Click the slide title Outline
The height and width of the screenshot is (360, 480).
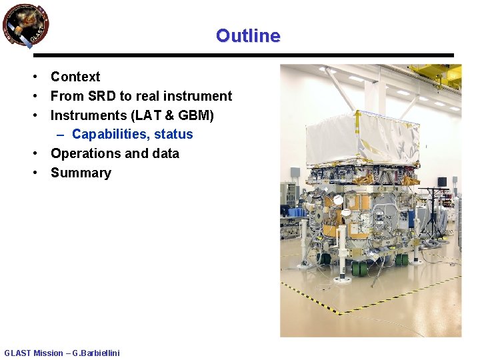coord(248,35)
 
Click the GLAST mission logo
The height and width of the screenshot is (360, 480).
coord(25,26)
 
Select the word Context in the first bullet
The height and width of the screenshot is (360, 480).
coord(75,77)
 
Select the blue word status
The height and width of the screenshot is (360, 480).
coord(173,134)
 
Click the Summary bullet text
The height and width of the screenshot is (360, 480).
coord(81,173)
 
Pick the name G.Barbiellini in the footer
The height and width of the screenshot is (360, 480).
coord(97,353)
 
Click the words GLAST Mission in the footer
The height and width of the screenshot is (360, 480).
coord(33,353)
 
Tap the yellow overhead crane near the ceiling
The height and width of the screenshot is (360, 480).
coord(437,73)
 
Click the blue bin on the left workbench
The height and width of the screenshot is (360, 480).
coord(296,211)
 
